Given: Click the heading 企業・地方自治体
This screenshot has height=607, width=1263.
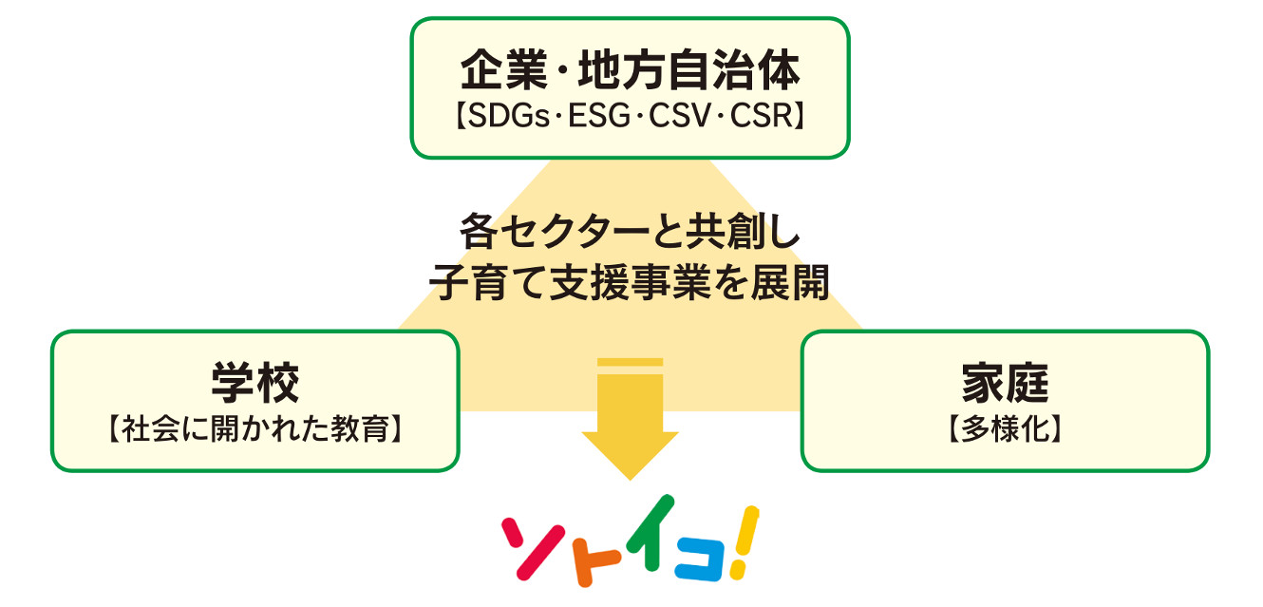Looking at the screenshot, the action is coord(630,70).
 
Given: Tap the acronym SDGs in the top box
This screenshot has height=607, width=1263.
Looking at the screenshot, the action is coord(508,116).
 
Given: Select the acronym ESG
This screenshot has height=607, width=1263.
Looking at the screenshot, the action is coord(599,116).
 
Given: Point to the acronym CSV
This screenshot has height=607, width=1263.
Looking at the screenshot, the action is coord(680,116).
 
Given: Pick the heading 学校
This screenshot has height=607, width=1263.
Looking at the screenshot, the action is coord(254,383).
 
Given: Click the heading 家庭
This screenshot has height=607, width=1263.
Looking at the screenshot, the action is coord(1005,383).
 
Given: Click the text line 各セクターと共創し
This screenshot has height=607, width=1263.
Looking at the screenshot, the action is coord(630,231).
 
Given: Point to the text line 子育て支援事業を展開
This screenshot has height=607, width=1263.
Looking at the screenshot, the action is coord(630,281).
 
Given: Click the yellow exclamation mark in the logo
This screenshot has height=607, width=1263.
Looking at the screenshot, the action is coord(745,542).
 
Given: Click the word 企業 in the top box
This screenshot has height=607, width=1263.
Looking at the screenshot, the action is coord(504,70).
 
